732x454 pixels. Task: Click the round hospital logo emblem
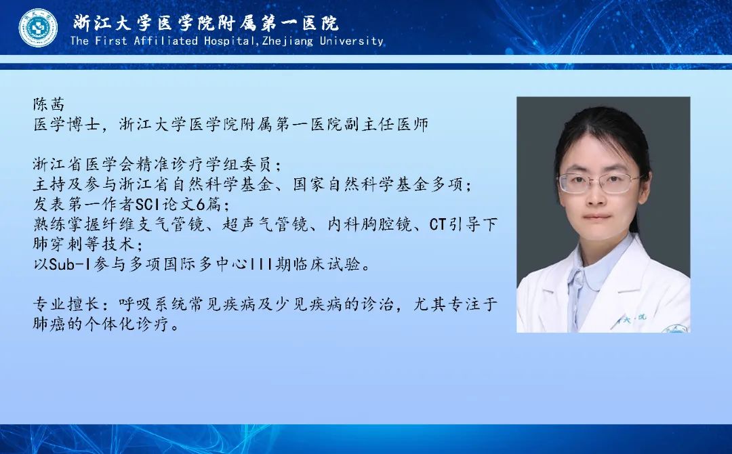(38, 28)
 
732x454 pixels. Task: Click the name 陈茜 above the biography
(49, 104)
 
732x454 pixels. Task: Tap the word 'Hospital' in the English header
(229, 41)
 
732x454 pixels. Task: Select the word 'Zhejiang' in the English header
(288, 41)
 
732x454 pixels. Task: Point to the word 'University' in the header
(352, 41)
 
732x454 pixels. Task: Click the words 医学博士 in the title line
(66, 124)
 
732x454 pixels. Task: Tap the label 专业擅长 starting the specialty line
(66, 304)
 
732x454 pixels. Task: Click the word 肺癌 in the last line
(49, 323)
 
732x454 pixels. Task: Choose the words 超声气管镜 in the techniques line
(265, 224)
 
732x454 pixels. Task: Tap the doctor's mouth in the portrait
(597, 217)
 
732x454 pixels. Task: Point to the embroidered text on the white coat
(632, 319)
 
